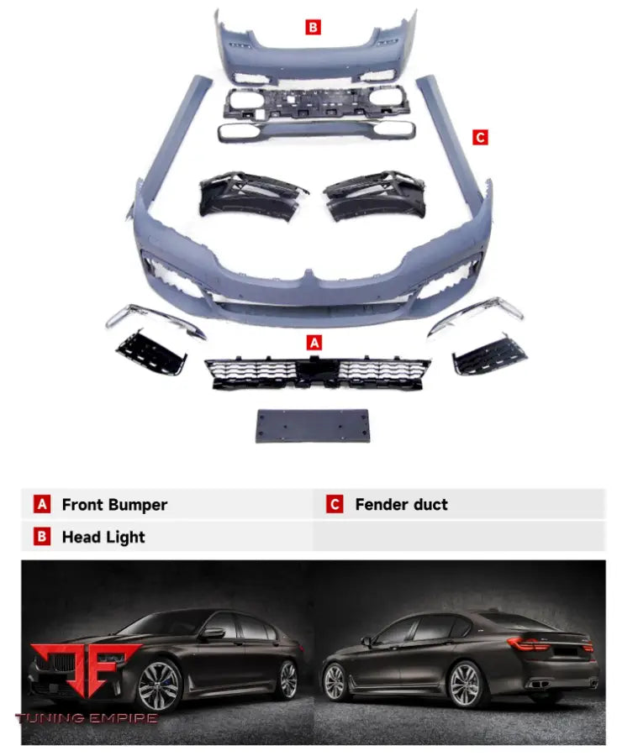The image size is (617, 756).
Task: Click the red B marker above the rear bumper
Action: coord(313,27)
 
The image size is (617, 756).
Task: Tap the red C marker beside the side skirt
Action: coord(480,137)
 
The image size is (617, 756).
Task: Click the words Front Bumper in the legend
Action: coord(114,505)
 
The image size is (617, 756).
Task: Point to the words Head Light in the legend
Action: coord(103,537)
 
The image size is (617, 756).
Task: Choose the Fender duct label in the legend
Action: coord(401,505)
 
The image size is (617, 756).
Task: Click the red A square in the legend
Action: coord(42,505)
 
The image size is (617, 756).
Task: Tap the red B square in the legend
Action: coord(42,537)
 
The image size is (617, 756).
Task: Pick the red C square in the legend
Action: coord(335,505)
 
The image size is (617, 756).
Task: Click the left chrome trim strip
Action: coord(156,321)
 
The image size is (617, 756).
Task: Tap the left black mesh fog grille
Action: coord(151,353)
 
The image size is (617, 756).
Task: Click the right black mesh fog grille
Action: coord(489,354)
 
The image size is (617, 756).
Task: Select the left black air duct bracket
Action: coord(250,195)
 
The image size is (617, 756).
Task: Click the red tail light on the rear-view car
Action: coord(532,643)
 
